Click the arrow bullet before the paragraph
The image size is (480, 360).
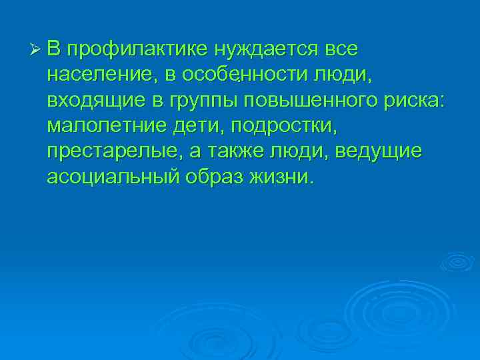[x=37, y=49]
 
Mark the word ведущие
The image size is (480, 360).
[x=378, y=152]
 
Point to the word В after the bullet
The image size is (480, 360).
[x=55, y=49]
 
